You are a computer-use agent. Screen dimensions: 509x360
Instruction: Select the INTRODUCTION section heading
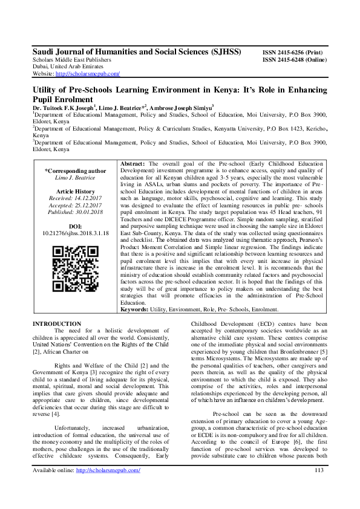[57, 325]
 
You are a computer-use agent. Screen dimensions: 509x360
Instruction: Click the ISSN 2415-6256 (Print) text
[292, 53]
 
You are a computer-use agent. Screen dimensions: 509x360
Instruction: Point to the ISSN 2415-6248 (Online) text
[294, 60]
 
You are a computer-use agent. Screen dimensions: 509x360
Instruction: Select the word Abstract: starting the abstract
[133, 164]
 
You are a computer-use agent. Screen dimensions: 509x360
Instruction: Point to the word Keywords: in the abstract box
[137, 310]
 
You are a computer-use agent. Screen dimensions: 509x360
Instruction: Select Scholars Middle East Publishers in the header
[71, 60]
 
